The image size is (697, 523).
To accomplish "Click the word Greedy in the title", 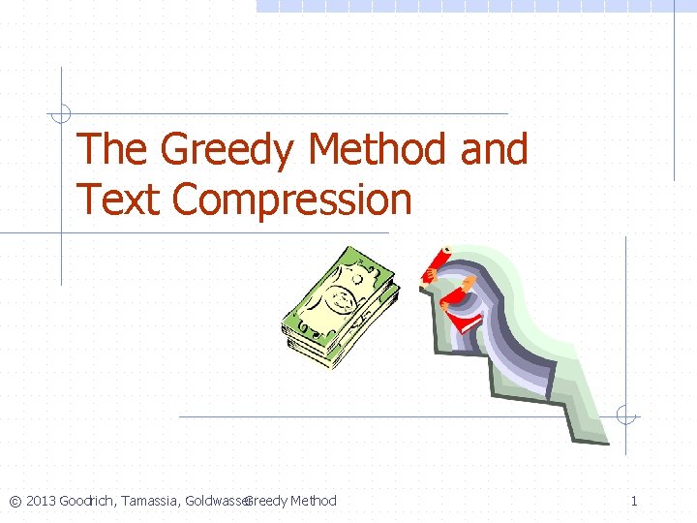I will coord(227,151).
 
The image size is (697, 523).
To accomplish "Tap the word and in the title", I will coord(494,151).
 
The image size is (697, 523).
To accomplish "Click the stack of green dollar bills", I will coord(339,305).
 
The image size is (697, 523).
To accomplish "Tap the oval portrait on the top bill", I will coord(341,295).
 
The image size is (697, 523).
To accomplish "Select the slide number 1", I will coord(634,501).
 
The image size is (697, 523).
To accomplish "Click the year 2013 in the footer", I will coord(41,501).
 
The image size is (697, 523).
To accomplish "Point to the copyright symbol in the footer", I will coord(15,501).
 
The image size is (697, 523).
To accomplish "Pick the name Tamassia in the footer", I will coord(151,501).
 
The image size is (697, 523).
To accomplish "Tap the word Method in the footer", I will coord(314,501).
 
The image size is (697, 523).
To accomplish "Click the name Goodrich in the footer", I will coord(87,501).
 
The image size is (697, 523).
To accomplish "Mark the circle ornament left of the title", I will coord(61,113).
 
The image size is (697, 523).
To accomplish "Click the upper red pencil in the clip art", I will coord(437,261).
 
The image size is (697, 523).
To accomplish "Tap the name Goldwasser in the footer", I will coord(217,501).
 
